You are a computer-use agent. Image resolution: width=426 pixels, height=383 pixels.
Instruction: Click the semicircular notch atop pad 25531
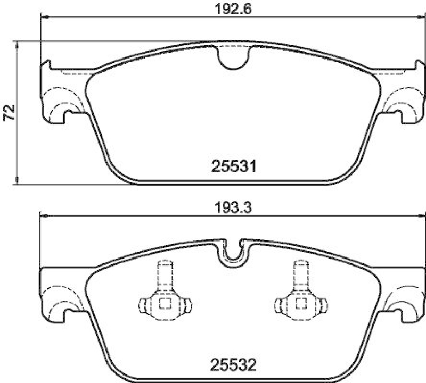(x=234, y=57)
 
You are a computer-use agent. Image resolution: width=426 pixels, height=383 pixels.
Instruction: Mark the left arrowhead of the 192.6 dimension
(x=44, y=18)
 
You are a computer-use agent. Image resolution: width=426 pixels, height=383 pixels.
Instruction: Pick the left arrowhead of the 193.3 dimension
(x=44, y=217)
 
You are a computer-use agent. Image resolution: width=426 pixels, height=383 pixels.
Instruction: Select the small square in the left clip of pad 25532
(x=164, y=304)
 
